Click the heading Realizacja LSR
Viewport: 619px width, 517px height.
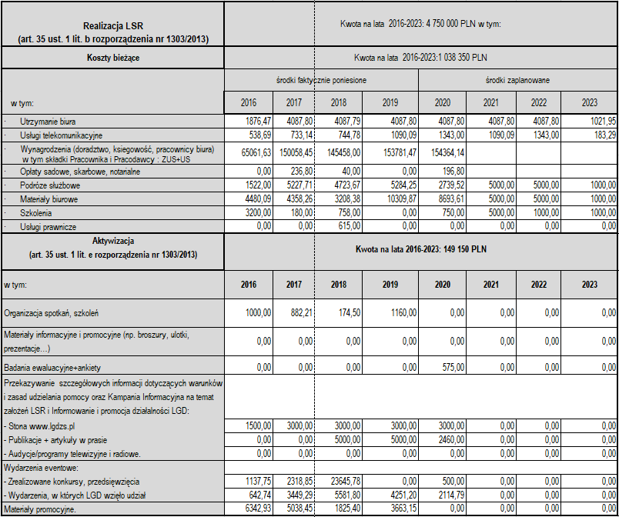point(112,24)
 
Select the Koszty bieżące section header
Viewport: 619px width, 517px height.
point(112,57)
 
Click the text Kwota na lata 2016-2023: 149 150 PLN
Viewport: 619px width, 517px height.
point(420,249)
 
